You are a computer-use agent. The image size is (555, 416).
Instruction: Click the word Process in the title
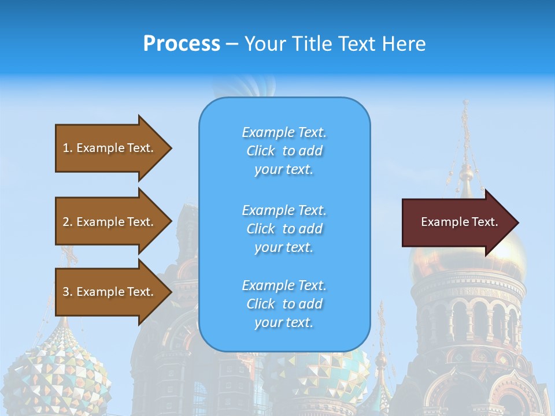pos(182,43)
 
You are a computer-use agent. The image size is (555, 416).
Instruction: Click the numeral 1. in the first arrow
pos(68,148)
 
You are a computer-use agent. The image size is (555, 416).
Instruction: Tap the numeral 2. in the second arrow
pos(68,222)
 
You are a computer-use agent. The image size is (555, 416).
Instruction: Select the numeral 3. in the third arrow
pos(68,292)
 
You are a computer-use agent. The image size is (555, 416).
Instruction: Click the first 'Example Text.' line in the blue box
pos(284,132)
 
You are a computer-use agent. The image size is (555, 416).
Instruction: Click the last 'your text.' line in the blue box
pos(284,322)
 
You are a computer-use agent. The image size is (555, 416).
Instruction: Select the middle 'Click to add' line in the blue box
pos(284,229)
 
